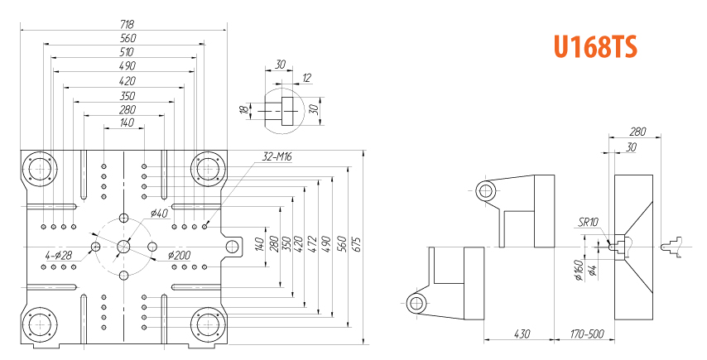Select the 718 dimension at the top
[x=127, y=24]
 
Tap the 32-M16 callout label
[x=277, y=156]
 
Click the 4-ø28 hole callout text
[x=59, y=256]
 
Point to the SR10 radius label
[x=588, y=221]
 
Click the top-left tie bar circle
[x=39, y=170]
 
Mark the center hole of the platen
[x=123, y=246]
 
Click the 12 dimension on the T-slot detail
[x=307, y=77]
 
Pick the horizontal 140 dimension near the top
[x=127, y=122]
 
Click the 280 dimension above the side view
[x=637, y=131]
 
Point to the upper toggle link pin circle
[x=485, y=192]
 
